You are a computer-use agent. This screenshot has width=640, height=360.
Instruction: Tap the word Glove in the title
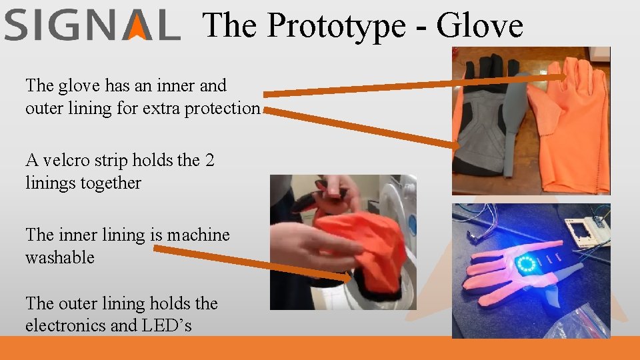point(479,25)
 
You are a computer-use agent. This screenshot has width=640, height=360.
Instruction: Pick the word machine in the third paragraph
point(198,235)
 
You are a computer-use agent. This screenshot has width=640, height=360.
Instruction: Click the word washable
point(59,257)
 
